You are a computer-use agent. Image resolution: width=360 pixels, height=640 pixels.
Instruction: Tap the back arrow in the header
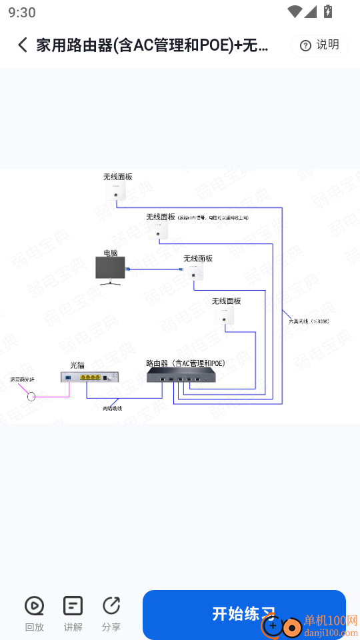(23, 45)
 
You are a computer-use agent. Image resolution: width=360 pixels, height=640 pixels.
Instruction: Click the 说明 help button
(319, 45)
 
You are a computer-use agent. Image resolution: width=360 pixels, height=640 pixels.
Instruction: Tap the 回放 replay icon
(34, 606)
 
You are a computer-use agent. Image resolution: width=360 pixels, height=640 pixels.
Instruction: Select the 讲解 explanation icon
(73, 606)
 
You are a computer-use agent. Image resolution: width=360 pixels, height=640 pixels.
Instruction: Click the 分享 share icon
(111, 606)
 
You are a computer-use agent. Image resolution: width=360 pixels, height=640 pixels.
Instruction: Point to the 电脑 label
(110, 253)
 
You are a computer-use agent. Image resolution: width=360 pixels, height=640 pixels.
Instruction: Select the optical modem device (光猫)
(90, 377)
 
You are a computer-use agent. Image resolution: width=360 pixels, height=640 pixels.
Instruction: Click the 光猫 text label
(77, 365)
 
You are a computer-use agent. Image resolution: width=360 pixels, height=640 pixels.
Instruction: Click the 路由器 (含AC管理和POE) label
(185, 363)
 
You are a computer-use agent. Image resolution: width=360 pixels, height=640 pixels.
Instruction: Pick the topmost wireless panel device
(116, 191)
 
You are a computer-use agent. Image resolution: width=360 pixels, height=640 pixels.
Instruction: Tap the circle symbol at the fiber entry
(31, 397)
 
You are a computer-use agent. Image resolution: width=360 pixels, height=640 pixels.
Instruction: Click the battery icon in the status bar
(327, 11)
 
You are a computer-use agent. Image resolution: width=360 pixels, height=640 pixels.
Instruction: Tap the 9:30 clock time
(22, 12)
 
